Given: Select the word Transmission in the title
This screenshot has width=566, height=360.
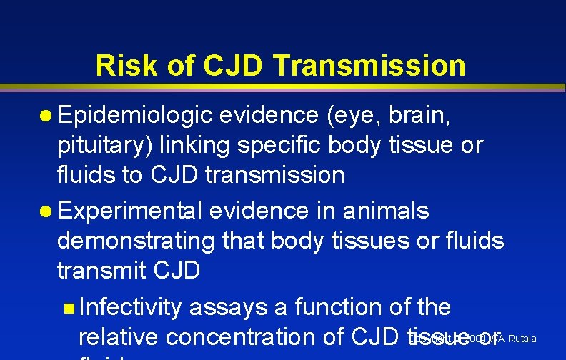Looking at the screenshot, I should click(369, 66).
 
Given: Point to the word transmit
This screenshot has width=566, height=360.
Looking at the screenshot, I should click(102, 271).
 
